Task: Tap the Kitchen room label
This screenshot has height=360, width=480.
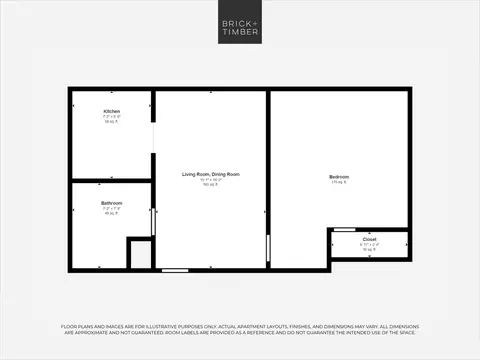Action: [111, 110]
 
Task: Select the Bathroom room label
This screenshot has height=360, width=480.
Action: [111, 203]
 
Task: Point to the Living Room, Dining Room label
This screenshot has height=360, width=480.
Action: [210, 174]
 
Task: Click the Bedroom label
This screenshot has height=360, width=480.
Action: [339, 177]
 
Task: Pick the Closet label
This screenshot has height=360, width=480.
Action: [369, 240]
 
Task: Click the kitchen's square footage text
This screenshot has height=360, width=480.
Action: [111, 122]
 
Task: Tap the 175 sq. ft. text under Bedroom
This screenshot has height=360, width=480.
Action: [339, 184]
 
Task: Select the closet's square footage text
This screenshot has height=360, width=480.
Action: [369, 250]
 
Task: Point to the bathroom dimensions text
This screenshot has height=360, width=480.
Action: [111, 209]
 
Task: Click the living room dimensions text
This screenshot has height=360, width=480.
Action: [210, 180]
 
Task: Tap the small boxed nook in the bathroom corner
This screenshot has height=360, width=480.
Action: [140, 253]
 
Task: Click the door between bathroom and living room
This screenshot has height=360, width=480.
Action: [153, 222]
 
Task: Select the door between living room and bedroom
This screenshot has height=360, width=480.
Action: [268, 246]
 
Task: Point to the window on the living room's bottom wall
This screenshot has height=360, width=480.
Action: [175, 269]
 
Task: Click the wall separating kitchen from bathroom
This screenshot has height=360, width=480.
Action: [111, 181]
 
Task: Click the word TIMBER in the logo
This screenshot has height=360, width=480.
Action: [239, 32]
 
